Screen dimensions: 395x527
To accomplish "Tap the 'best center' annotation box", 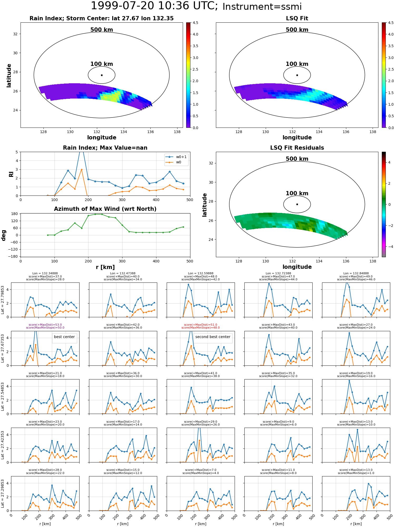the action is coord(64,337).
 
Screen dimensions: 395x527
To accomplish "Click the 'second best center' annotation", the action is coord(213,337).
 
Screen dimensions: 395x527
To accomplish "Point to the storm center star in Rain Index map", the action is coord(102,75).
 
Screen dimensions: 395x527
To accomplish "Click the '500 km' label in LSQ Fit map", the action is coord(297,30).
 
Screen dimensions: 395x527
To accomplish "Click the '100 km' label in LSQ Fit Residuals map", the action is coord(297,193).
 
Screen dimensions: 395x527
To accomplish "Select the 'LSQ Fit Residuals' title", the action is coord(297,148).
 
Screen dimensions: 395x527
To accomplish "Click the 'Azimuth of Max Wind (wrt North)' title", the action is coord(105,209).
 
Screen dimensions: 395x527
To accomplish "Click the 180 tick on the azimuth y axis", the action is coord(15,214).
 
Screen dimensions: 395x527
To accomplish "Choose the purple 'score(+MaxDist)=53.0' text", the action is coord(45,325).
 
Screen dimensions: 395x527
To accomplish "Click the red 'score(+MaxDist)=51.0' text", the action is coord(201,325).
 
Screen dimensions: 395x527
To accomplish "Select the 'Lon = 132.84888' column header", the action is coord(356,274).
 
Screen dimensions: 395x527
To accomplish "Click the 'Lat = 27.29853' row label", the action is coord(3,494).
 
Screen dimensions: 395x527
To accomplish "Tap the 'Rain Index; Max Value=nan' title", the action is coord(105,148).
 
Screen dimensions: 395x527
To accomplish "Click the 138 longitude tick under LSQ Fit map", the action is coord(373,132).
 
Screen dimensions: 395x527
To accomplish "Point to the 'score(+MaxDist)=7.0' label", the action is coord(201,470).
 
